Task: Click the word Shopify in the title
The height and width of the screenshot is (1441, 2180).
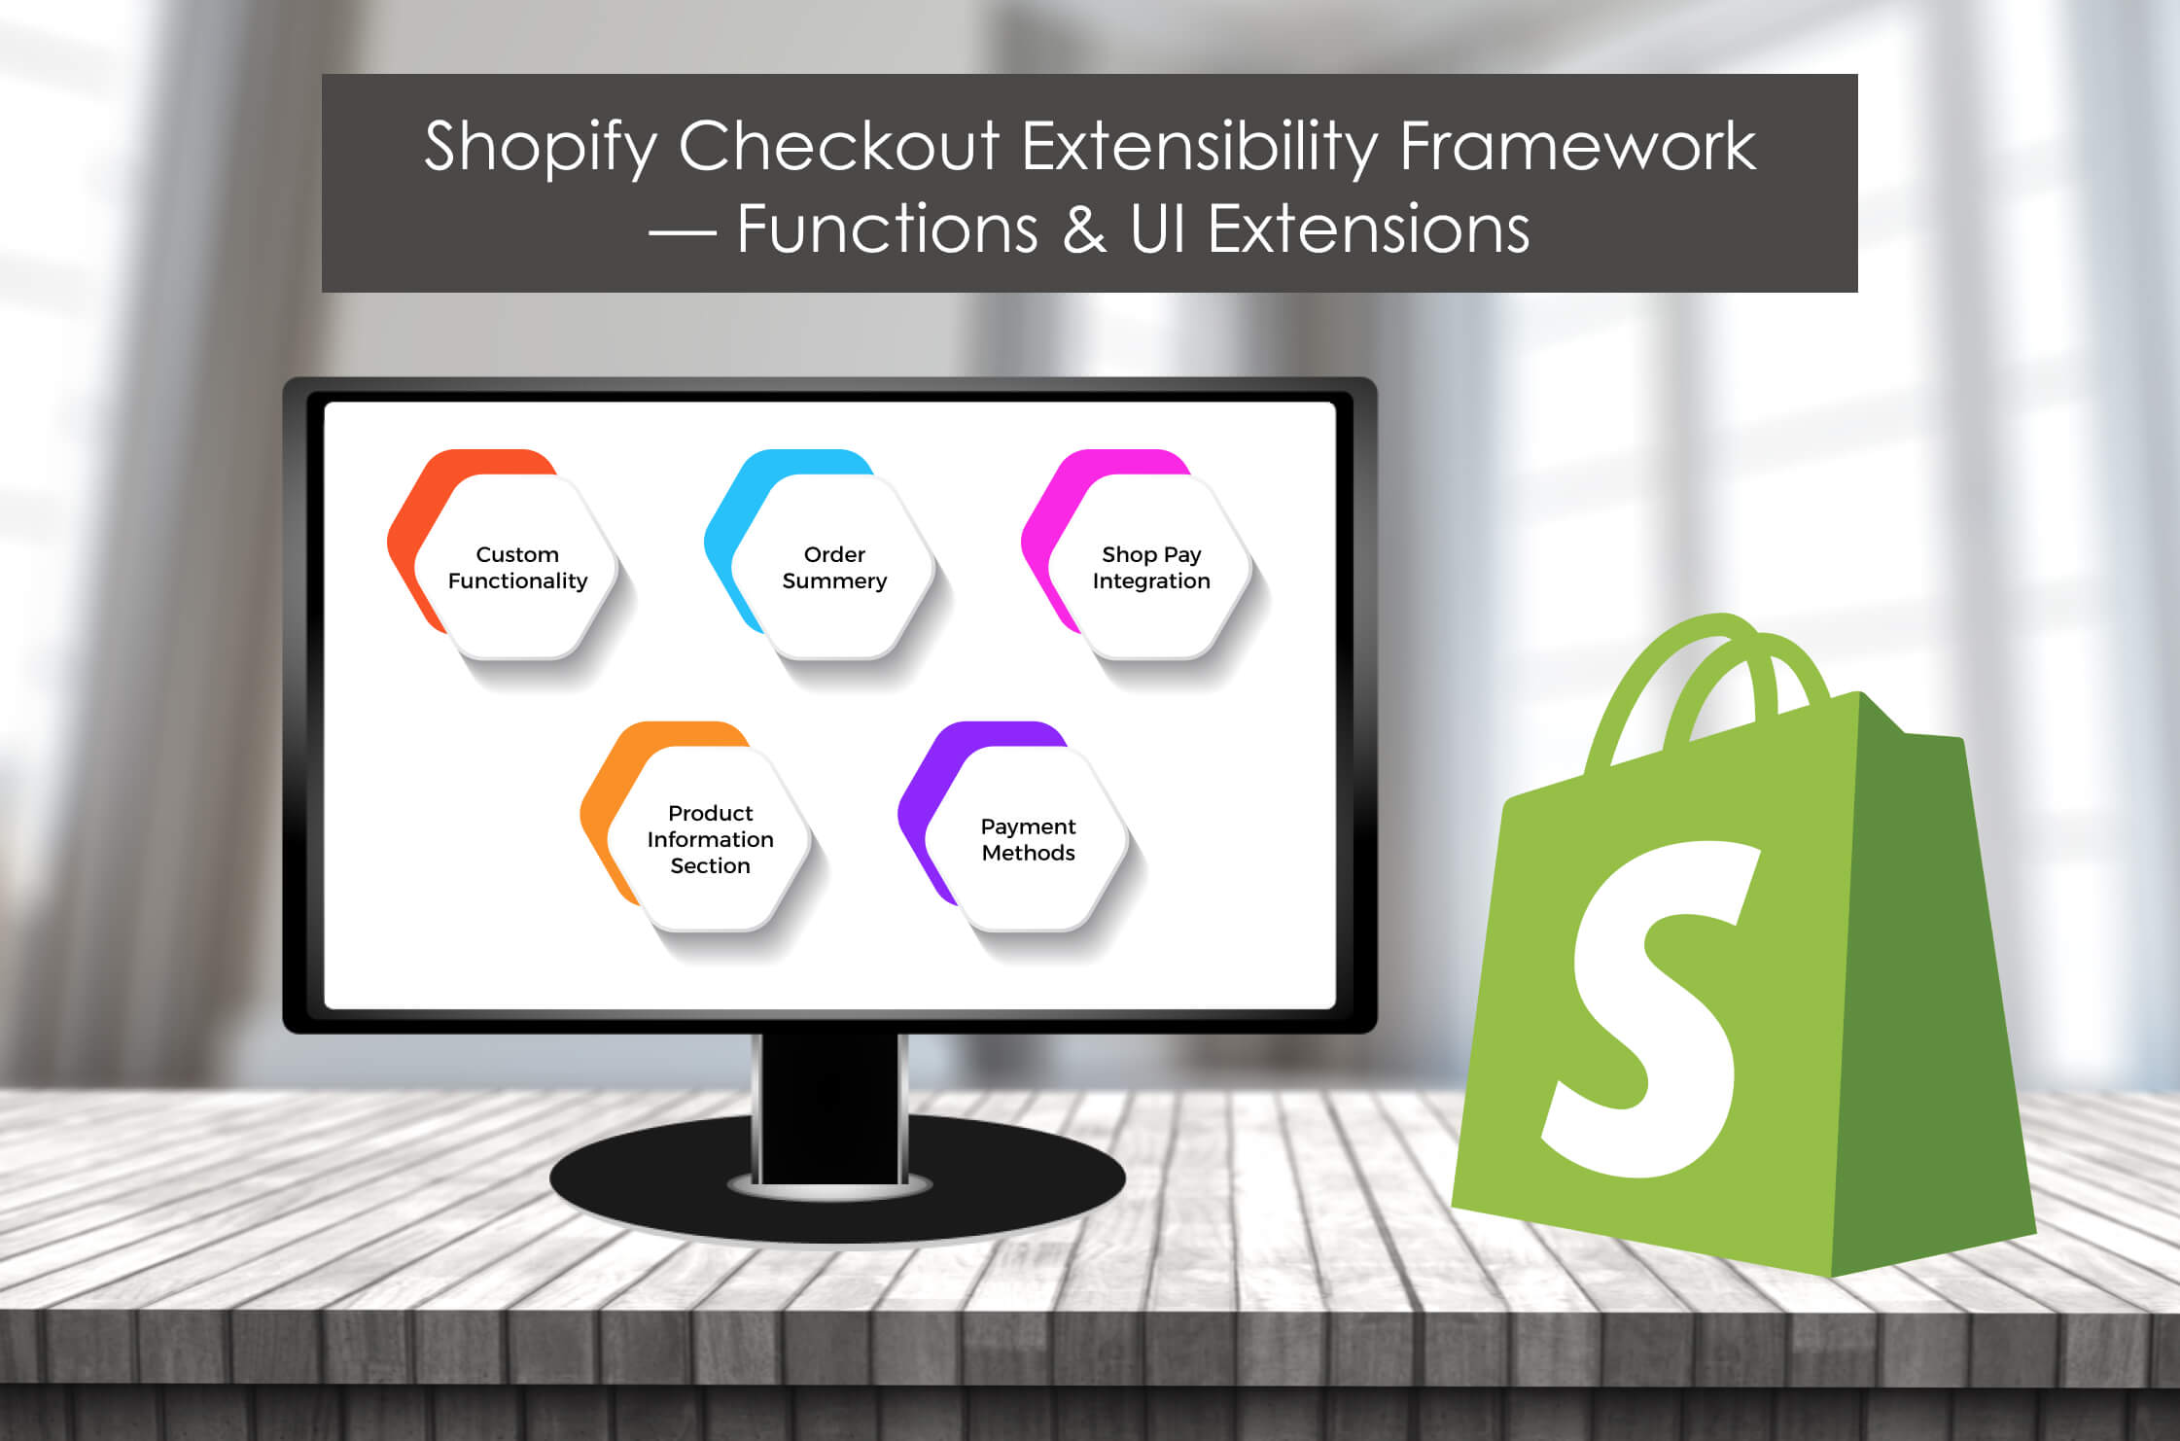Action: pos(541,148)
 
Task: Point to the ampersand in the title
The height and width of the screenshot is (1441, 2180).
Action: pos(1084,229)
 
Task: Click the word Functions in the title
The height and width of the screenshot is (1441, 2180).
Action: pos(888,229)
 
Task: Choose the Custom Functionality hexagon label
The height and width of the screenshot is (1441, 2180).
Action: pos(517,568)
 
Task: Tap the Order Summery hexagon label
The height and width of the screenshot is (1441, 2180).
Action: pos(834,568)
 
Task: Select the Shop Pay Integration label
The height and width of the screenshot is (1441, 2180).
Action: pos(1151,568)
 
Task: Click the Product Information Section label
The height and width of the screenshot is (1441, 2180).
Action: pos(711,839)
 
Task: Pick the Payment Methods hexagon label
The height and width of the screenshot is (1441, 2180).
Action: pos(1028,839)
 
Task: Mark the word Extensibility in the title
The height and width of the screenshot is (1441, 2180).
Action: pos(1200,148)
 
